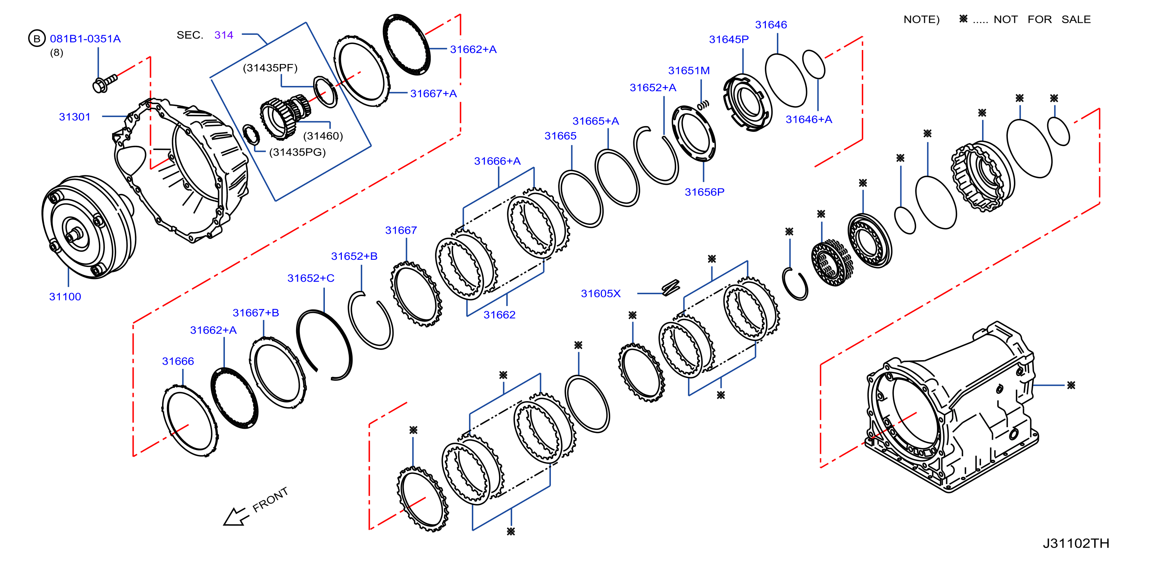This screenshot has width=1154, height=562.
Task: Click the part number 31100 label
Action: pyautogui.click(x=65, y=297)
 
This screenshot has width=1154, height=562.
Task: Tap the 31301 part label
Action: pyautogui.click(x=75, y=117)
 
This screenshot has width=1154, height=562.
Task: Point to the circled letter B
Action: pyautogui.click(x=37, y=39)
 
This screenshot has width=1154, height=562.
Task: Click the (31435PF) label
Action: pyautogui.click(x=270, y=68)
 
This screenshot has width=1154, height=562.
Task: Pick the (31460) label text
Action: pyautogui.click(x=323, y=136)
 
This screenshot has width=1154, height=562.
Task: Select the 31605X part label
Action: pyautogui.click(x=601, y=293)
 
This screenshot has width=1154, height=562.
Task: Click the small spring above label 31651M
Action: pyautogui.click(x=703, y=105)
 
